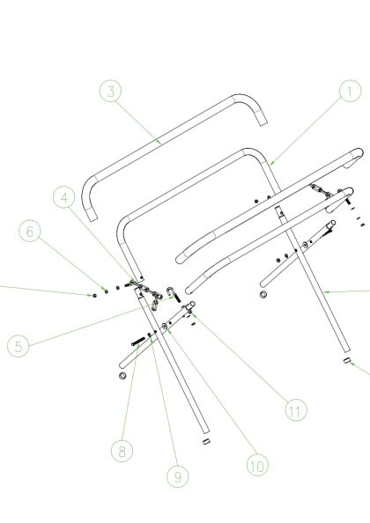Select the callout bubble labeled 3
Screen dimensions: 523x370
tap(109, 92)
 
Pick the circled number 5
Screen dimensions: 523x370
tap(18, 345)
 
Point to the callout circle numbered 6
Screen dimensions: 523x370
tap(30, 232)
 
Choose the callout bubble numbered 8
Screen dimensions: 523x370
tap(122, 451)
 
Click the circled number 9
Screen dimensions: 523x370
tap(177, 476)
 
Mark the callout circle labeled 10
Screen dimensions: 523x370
tap(256, 465)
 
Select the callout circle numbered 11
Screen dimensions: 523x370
tap(296, 409)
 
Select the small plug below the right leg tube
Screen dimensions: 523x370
tap(346, 361)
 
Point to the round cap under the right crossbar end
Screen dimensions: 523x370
tap(263, 294)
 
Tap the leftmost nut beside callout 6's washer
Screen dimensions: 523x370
tap(94, 294)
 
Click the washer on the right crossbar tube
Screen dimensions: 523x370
tap(305, 245)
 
